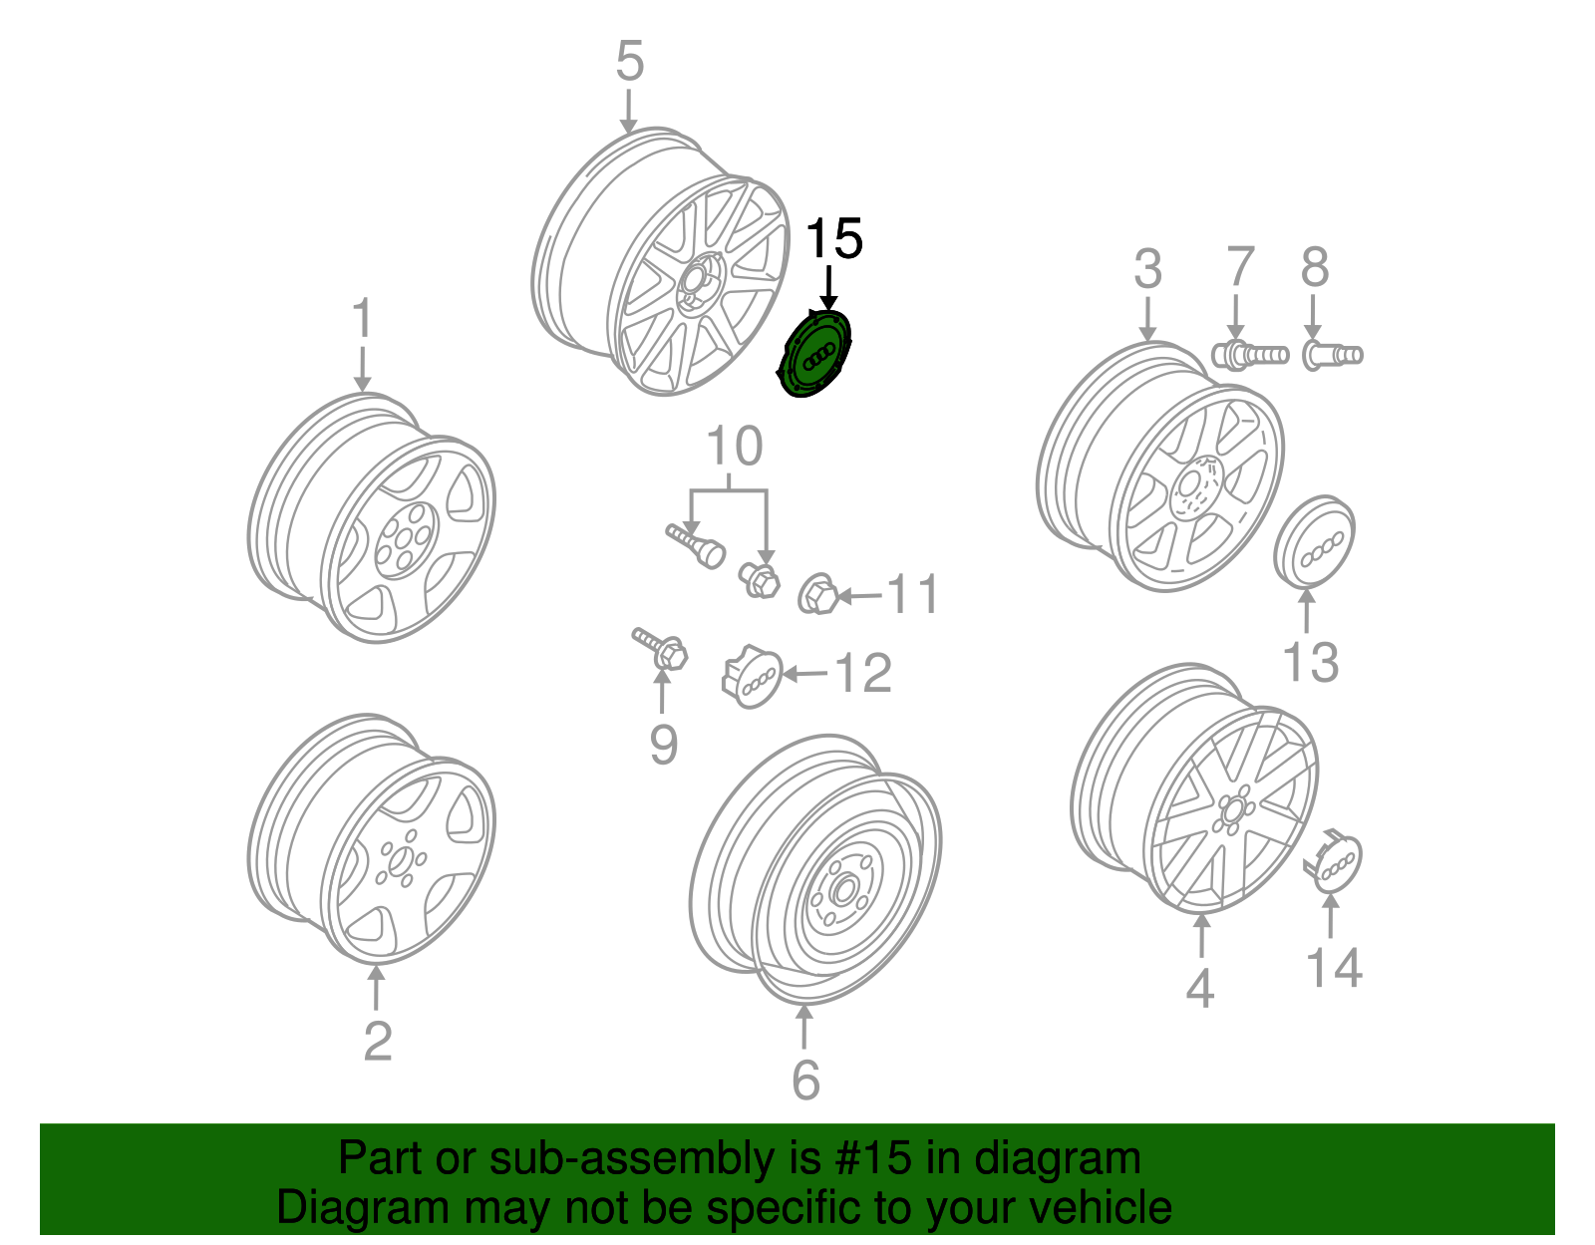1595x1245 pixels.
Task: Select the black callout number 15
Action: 833,240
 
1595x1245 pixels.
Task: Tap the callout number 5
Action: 629,62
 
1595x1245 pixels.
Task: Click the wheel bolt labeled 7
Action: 1249,354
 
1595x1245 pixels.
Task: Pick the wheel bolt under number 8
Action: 1331,354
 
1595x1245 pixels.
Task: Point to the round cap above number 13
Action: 1315,542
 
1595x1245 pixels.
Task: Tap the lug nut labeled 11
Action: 816,595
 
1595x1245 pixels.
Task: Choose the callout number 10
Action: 735,447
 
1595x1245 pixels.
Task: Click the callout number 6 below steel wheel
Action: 805,1080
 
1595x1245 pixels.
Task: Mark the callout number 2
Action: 377,1041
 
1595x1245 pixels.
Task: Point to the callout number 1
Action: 362,319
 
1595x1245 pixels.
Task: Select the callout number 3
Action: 1147,269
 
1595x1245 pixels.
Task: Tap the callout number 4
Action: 1200,987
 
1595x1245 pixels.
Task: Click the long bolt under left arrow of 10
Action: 696,544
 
